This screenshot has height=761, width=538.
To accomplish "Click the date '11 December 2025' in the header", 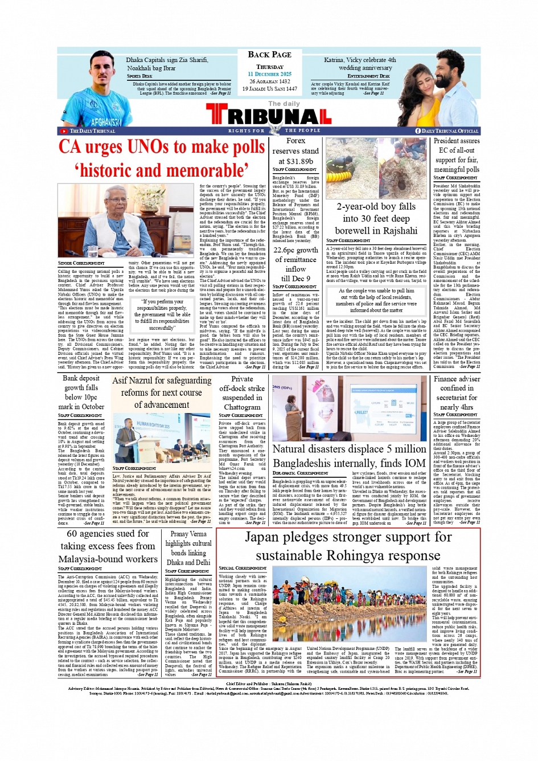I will click(269, 74).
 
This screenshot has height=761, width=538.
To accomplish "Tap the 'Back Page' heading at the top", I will click(269, 55).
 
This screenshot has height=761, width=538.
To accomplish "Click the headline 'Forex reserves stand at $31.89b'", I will click(295, 151).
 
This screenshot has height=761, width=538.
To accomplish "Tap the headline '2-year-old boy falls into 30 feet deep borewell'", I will click(376, 219).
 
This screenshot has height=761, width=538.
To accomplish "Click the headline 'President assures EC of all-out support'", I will click(457, 155).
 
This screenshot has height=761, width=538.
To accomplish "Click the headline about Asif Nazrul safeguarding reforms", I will click(162, 392).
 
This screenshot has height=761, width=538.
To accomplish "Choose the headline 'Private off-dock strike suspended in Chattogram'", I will click(242, 392).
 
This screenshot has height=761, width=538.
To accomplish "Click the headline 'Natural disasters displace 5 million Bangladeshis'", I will click(349, 456).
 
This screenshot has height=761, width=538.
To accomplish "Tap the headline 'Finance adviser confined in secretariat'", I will click(457, 392).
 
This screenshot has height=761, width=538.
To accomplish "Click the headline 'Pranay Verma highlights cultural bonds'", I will click(188, 548).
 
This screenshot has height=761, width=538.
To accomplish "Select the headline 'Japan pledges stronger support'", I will click(348, 546).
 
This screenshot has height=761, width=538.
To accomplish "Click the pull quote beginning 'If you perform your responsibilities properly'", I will click(162, 314).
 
